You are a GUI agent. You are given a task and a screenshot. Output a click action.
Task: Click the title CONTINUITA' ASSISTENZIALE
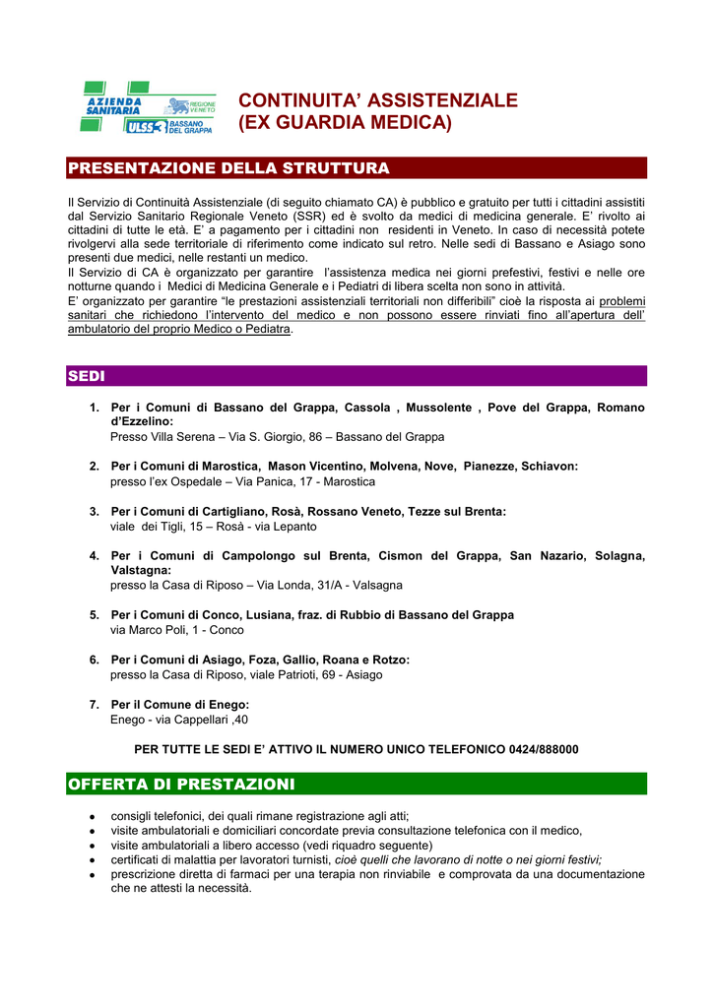coord(378,100)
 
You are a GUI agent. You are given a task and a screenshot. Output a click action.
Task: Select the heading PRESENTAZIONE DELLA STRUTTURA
coord(229,168)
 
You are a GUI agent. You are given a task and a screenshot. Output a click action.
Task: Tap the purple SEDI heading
coord(87,376)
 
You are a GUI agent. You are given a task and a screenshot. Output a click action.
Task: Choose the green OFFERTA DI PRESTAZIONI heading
coord(181,784)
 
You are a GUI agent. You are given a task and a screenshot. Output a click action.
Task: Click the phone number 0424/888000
coord(544,749)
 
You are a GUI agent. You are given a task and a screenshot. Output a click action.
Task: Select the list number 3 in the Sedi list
coord(94,512)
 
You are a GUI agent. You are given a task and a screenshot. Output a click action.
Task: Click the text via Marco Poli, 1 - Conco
coord(177,630)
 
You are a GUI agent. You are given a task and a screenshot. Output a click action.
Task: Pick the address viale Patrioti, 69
coord(287,675)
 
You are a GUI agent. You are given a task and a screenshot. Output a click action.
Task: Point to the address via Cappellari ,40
coord(203,720)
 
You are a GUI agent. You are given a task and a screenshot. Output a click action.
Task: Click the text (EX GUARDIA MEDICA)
coord(345,123)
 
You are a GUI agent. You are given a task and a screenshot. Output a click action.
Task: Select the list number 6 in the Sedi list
coord(94,660)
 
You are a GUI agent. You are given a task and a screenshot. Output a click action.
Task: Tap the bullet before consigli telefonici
coord(91,816)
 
